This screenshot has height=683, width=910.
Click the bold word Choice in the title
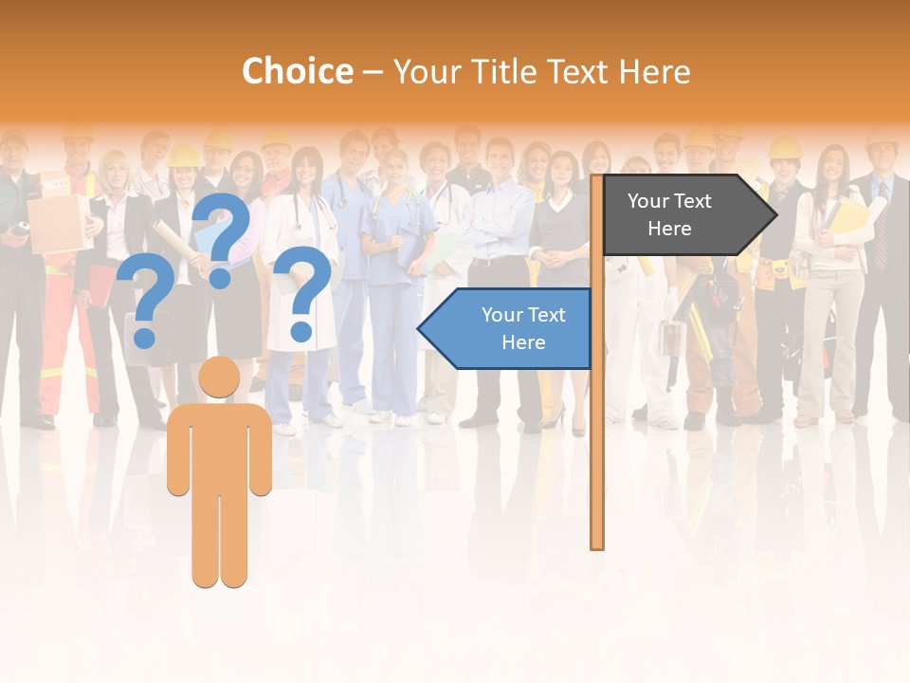point(297,71)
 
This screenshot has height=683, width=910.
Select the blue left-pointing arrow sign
point(507,328)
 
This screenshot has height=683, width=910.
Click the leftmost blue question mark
point(145,302)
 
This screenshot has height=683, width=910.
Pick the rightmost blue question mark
point(302,289)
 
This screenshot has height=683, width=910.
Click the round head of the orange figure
point(220,377)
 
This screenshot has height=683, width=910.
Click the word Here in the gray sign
point(669,229)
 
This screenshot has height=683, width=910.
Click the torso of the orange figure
point(220,446)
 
